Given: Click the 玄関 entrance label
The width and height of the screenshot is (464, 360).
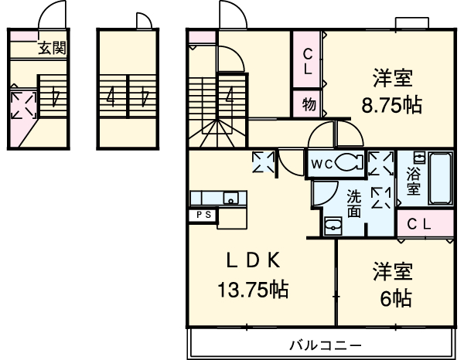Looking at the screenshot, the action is [53, 48].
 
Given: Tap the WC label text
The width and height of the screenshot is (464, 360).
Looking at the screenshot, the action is [322, 164].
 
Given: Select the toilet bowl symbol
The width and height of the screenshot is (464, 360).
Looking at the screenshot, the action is [350, 163].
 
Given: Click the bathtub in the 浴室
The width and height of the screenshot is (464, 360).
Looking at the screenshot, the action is [441, 178].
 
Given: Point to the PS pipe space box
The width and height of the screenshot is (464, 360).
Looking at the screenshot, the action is [204, 215].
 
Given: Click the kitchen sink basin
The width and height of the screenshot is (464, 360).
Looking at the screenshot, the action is [230, 198].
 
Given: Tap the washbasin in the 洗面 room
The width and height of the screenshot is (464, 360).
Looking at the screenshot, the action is [333, 226].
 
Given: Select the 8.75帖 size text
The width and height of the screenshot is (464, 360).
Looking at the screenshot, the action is [391, 104].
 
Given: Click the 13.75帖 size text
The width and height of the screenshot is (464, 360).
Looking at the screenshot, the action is [253, 290].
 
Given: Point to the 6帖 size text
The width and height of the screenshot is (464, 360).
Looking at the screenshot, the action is [396, 298].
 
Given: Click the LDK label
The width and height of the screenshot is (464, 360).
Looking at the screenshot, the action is [253, 260].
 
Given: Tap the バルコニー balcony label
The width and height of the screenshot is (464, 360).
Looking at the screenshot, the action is [326, 345].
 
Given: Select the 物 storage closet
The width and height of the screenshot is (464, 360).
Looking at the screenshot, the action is [306, 104].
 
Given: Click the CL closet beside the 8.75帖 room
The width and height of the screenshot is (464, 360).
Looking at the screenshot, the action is [306, 59].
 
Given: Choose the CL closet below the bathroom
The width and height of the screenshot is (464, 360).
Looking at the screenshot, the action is [425, 223].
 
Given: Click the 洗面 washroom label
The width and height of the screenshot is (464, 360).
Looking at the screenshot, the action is [354, 203].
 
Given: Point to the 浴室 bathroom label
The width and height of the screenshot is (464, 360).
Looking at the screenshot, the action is [413, 181].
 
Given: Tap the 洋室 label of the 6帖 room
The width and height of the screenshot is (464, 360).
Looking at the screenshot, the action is [393, 271].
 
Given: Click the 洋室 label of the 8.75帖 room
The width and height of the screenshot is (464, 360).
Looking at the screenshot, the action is [393, 77].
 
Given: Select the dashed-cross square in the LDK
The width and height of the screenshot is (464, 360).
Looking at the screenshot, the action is [263, 161].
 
